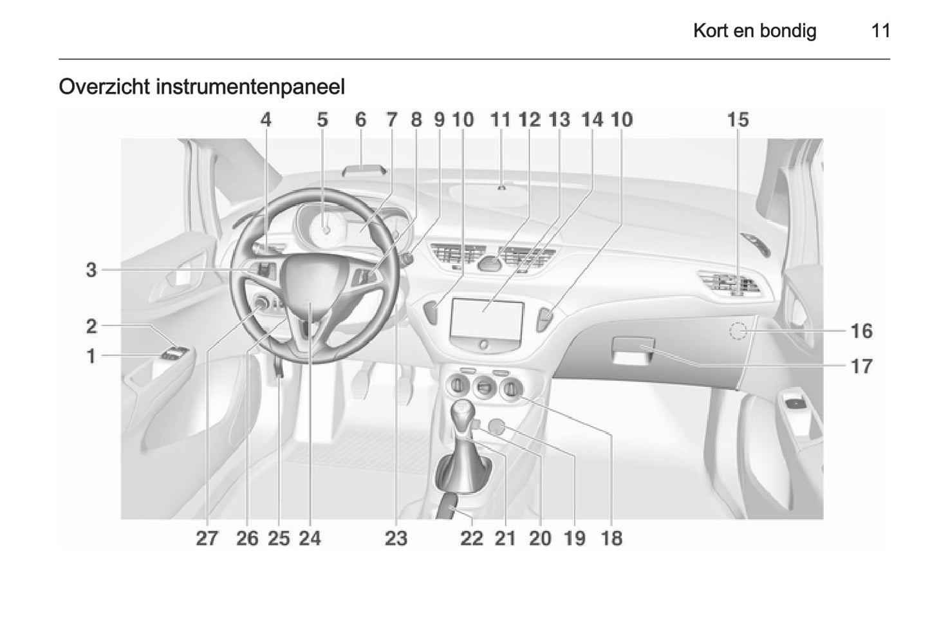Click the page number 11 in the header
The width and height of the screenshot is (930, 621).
click(x=880, y=31)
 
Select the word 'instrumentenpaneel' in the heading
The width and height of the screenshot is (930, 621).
click(x=250, y=88)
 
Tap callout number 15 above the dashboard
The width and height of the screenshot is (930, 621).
click(x=738, y=120)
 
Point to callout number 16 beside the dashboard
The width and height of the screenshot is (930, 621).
click(x=861, y=331)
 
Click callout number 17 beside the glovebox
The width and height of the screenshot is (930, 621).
click(x=861, y=367)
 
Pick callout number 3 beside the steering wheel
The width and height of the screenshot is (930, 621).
click(x=91, y=270)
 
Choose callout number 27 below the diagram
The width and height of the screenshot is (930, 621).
click(x=207, y=539)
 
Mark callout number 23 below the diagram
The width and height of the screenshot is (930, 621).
click(x=396, y=539)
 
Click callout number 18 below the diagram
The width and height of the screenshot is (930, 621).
click(x=611, y=539)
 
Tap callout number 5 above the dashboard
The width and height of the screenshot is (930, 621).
click(x=322, y=120)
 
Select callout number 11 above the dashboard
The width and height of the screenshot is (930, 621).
click(x=500, y=120)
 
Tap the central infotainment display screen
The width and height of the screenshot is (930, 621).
click(x=487, y=319)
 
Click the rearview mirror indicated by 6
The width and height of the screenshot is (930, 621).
click(x=364, y=170)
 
